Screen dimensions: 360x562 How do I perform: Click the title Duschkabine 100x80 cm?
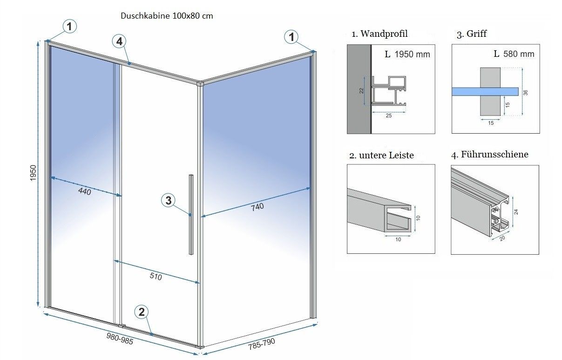click(x=167, y=15)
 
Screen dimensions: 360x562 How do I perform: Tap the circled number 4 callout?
click(x=120, y=41)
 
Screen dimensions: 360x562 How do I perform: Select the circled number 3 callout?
click(x=169, y=201)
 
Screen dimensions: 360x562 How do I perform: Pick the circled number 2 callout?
click(x=142, y=311)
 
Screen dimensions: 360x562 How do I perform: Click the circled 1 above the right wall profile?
click(x=291, y=36)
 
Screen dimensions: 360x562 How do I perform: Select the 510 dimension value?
click(x=156, y=277)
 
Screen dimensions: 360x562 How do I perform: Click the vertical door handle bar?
click(x=190, y=214)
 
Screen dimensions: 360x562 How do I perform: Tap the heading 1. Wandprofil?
click(x=379, y=34)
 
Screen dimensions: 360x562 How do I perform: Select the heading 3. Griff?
click(x=472, y=34)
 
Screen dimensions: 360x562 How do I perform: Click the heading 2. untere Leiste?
click(x=381, y=155)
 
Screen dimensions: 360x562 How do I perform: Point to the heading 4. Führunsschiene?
click(x=490, y=154)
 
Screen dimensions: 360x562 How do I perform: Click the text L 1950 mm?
click(x=407, y=54)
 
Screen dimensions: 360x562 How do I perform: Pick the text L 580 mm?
click(x=514, y=54)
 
